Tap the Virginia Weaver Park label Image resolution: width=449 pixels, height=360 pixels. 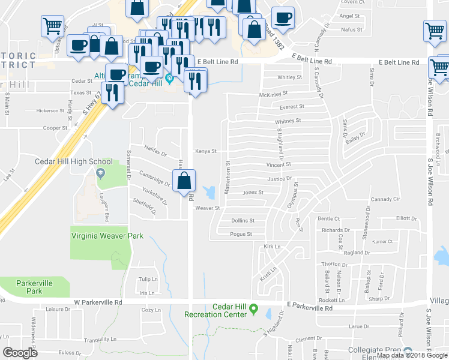click(x=107, y=236)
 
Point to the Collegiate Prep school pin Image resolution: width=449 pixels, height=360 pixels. click(x=408, y=352)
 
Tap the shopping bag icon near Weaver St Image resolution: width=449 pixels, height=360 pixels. click(x=184, y=180)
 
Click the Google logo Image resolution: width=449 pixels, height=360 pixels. click(x=20, y=352)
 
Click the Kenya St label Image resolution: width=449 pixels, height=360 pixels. click(x=205, y=151)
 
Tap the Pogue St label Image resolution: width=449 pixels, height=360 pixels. click(x=241, y=234)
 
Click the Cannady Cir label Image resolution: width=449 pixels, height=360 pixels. click(x=385, y=199)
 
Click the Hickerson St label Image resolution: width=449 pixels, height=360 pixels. click(x=50, y=110)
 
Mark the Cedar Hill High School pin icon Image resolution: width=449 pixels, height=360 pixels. click(x=100, y=173)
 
